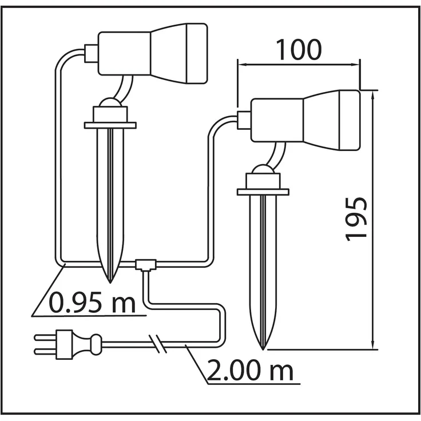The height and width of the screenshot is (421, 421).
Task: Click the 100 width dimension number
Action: [299, 50]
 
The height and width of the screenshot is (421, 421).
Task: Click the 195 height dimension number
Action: [356, 220]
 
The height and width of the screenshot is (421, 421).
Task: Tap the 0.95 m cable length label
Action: [92, 303]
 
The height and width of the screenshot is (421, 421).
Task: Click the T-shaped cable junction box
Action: [145, 265]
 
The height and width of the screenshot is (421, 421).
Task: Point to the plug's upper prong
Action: [45, 337]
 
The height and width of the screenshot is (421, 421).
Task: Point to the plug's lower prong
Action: [45, 351]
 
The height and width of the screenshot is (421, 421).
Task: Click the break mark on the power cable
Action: [158, 344]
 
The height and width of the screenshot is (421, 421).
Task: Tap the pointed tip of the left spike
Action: [110, 283]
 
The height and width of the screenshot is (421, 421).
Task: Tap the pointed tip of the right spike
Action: [263, 349]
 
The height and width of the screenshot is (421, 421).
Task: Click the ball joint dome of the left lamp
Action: [110, 102]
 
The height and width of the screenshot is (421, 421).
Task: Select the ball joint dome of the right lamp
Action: [263, 169]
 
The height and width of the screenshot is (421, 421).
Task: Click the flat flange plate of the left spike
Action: [110, 125]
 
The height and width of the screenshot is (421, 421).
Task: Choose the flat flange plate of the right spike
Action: [263, 192]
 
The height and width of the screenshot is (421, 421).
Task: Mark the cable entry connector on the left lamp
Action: [92, 53]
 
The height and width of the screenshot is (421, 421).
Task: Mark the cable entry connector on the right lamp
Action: [244, 120]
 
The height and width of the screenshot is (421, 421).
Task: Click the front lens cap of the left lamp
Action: [197, 53]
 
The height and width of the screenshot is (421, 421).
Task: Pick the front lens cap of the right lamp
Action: [350, 120]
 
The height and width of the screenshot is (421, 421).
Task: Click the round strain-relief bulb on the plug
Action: [97, 344]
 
